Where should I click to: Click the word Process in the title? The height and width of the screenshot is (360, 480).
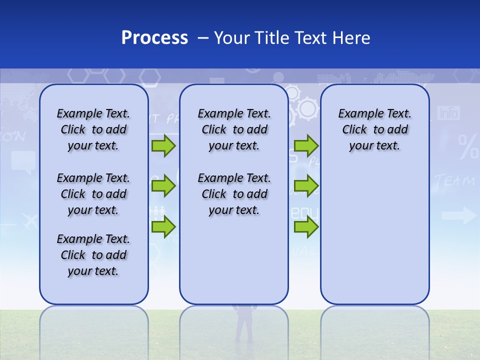pyautogui.click(x=154, y=37)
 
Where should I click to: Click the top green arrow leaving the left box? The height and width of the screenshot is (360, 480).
pyautogui.click(x=163, y=146)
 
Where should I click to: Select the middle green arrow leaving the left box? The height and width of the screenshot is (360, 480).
pyautogui.click(x=163, y=186)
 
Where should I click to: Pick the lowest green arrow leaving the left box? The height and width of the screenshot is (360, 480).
pyautogui.click(x=163, y=227)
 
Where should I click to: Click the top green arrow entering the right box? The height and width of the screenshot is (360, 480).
pyautogui.click(x=306, y=146)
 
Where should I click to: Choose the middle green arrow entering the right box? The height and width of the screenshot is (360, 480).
pyautogui.click(x=306, y=186)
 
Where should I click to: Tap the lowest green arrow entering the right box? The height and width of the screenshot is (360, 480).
pyautogui.click(x=306, y=227)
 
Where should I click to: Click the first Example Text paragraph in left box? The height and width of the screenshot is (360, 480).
pyautogui.click(x=93, y=129)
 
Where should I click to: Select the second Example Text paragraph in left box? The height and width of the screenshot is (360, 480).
pyautogui.click(x=93, y=194)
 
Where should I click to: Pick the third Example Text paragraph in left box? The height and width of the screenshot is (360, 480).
pyautogui.click(x=93, y=255)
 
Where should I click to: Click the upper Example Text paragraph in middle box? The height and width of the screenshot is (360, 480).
pyautogui.click(x=234, y=129)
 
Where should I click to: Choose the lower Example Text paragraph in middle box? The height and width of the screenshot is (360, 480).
pyautogui.click(x=234, y=194)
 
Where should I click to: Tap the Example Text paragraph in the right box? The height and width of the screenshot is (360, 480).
pyautogui.click(x=374, y=129)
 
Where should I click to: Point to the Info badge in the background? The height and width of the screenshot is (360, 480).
pyautogui.click(x=448, y=113)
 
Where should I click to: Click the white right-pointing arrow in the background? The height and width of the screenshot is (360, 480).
pyautogui.click(x=459, y=216)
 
